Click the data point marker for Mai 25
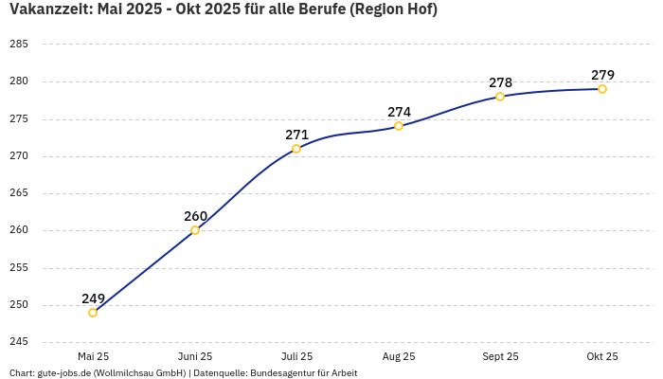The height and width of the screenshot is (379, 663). pyautogui.click(x=93, y=313)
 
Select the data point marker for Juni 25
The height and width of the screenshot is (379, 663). pyautogui.click(x=195, y=230)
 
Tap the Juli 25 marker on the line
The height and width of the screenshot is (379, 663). pyautogui.click(x=296, y=149)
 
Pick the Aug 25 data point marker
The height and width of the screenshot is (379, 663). pyautogui.click(x=399, y=126)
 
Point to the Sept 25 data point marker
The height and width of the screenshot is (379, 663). pyautogui.click(x=500, y=97)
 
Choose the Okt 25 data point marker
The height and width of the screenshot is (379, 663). pyautogui.click(x=602, y=89)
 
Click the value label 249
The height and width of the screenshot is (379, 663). pyautogui.click(x=93, y=298)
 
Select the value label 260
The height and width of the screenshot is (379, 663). pyautogui.click(x=195, y=216)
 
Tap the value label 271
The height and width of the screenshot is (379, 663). pyautogui.click(x=296, y=135)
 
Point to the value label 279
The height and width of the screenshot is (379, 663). pyautogui.click(x=602, y=75)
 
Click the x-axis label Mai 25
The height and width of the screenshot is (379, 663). pyautogui.click(x=93, y=356)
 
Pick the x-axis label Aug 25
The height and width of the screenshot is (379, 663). pyautogui.click(x=399, y=356)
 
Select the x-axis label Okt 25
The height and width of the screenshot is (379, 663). pyautogui.click(x=602, y=356)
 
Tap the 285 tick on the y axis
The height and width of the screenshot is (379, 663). pyautogui.click(x=18, y=45)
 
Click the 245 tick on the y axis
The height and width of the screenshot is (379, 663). pyautogui.click(x=18, y=342)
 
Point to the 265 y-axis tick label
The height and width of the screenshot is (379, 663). pyautogui.click(x=18, y=193)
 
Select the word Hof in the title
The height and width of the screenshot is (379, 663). pyautogui.click(x=421, y=9)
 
